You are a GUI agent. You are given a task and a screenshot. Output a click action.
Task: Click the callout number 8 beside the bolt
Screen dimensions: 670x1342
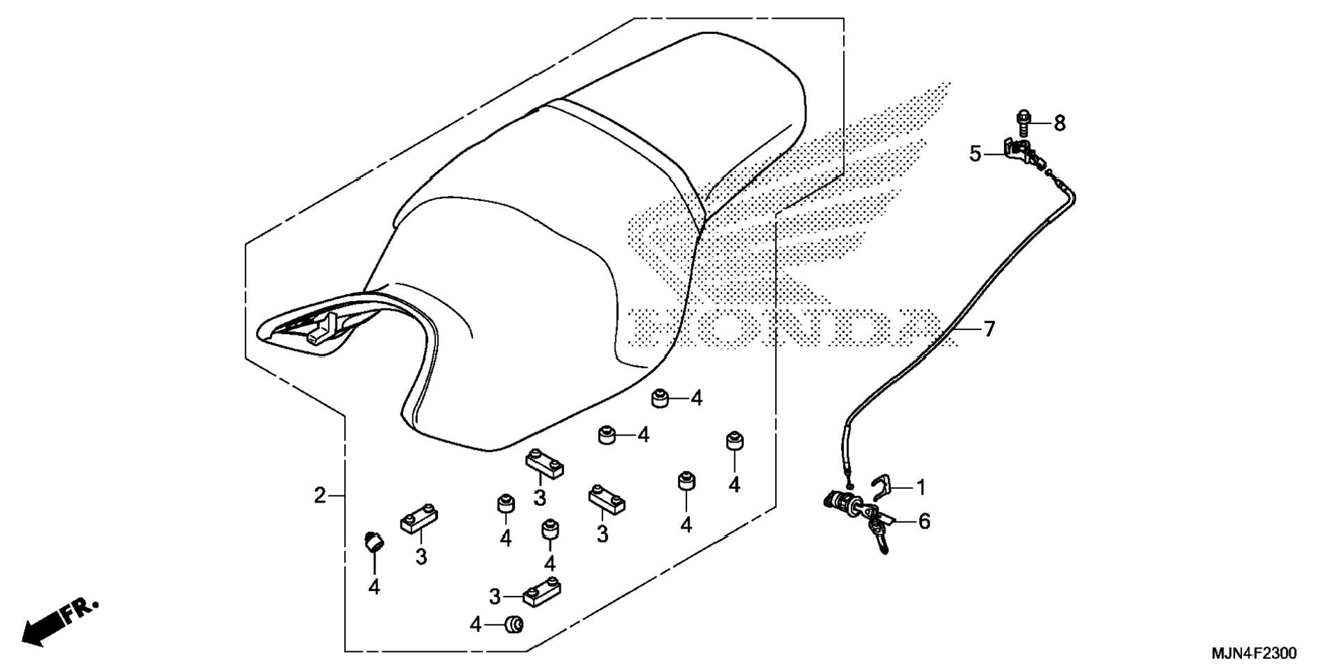pos(1059,123)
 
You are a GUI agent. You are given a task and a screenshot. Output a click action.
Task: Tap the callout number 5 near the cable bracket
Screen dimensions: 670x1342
pos(975,154)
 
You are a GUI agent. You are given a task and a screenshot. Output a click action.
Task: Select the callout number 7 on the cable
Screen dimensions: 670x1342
pos(989,329)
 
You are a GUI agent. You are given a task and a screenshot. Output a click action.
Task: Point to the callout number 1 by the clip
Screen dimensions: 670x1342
pos(921,488)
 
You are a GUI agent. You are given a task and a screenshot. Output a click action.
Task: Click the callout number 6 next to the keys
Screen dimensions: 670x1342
pos(924,522)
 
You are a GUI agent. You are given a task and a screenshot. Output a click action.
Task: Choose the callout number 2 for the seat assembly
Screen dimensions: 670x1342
pos(319,495)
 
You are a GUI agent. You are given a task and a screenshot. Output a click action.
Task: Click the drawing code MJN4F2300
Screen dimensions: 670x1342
pos(1253,653)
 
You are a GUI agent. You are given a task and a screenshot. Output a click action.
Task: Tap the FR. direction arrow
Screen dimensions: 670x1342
pos(59,621)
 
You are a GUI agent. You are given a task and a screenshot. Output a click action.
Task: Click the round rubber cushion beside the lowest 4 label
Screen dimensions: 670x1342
pos(514,625)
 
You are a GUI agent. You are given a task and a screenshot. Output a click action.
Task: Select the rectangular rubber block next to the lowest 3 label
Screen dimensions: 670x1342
pos(542,591)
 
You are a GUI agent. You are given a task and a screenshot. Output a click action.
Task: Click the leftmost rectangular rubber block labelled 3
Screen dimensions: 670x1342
pos(419,518)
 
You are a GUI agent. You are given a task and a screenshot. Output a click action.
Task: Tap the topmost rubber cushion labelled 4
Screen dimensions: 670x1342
pos(659,399)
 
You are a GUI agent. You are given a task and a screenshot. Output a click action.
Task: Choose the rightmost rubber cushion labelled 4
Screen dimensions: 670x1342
pos(733,441)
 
